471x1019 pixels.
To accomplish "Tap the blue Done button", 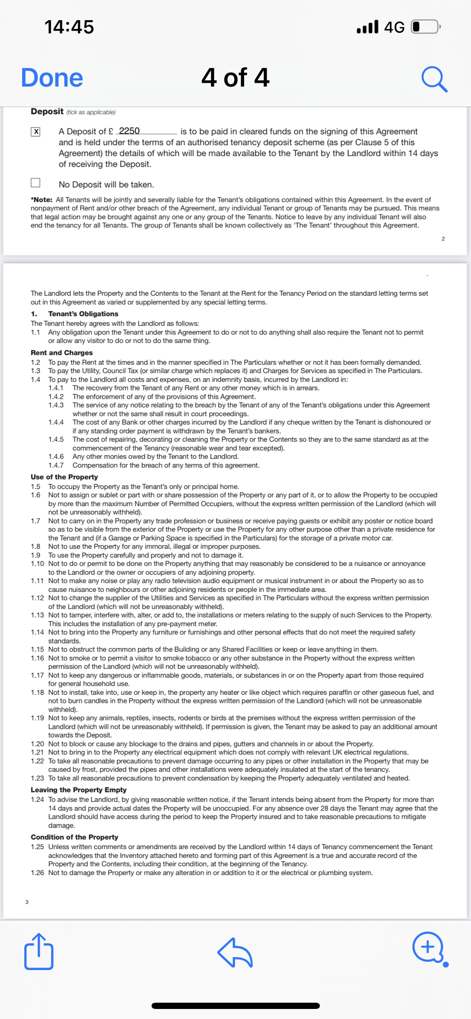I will click(x=52, y=78).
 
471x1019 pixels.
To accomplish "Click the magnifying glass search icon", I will click(x=434, y=79).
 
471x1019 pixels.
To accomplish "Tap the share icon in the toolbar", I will click(x=39, y=951).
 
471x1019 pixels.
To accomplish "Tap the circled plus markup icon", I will click(x=428, y=947).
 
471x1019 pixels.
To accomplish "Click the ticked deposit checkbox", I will click(x=36, y=132).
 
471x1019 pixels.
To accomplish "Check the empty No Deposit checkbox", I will click(x=36, y=183).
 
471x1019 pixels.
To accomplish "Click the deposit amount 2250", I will click(x=129, y=131).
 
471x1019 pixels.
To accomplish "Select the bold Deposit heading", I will click(x=47, y=111).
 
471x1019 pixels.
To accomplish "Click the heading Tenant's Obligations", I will click(x=83, y=314).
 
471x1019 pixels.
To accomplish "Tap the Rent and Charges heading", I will click(x=62, y=353).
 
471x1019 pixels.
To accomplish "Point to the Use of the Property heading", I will click(x=64, y=477).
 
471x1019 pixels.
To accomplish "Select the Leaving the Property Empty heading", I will click(x=78, y=790).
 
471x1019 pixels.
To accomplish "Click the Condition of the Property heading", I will click(x=74, y=837).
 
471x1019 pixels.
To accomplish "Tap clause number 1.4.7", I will click(x=56, y=465).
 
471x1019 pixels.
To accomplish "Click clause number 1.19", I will click(x=37, y=718).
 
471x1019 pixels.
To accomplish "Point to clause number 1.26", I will click(x=37, y=873).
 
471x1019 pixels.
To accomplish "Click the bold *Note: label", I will click(x=41, y=200).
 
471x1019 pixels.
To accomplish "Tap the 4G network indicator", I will click(x=394, y=27).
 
